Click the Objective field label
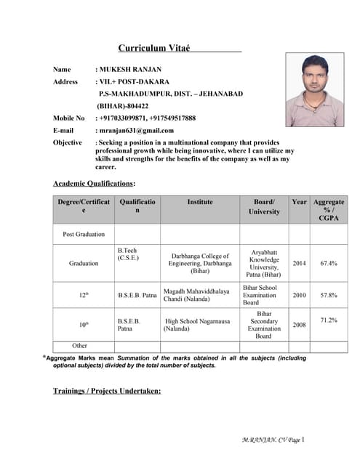tap(68, 142)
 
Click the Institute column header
tap(200, 201)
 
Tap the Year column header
tap(299, 201)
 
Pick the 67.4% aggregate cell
tap(329, 264)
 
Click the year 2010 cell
tap(299, 296)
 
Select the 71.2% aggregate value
tap(329, 320)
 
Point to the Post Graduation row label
tap(84, 234)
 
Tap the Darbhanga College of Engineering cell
tap(200, 263)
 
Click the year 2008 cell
tap(299, 325)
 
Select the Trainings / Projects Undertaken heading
tap(106, 391)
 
